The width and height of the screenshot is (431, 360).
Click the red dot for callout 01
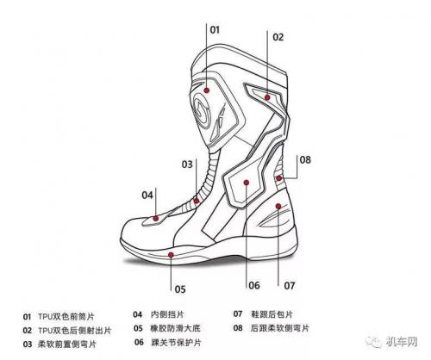(x=206, y=90)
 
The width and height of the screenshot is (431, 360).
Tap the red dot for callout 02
(x=267, y=97)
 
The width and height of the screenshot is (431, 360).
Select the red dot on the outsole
(x=171, y=255)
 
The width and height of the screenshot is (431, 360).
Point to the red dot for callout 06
(x=247, y=183)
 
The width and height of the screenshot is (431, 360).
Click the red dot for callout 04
(x=156, y=219)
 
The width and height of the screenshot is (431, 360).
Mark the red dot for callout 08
(x=278, y=178)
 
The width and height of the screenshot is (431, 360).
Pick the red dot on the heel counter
(x=278, y=206)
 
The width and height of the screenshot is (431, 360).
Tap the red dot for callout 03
(x=197, y=201)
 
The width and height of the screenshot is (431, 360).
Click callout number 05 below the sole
(x=180, y=289)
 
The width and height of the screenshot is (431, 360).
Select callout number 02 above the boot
(x=278, y=37)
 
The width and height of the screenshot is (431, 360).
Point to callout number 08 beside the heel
(x=305, y=160)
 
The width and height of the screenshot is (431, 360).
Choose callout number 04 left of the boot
(x=147, y=196)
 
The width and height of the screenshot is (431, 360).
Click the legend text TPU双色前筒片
(x=66, y=317)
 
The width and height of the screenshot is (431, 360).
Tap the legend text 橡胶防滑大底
(x=175, y=328)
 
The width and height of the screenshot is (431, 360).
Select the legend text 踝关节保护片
(x=176, y=342)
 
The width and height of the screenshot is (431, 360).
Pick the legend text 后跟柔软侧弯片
(x=280, y=328)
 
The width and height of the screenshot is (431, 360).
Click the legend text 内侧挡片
(x=167, y=314)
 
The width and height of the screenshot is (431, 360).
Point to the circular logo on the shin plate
(x=203, y=109)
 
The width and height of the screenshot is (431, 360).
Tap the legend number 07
(x=238, y=314)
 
